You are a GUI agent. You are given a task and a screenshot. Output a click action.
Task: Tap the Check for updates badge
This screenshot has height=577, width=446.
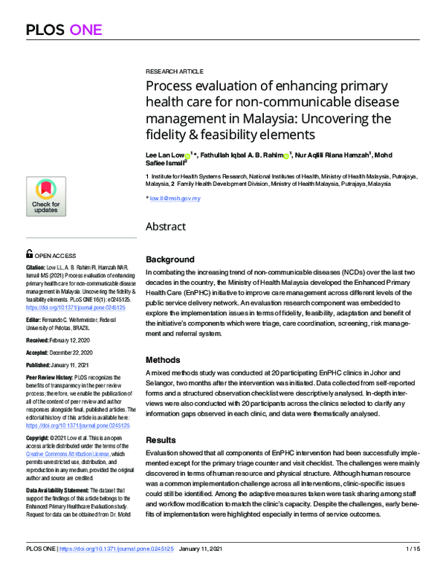point(45,196)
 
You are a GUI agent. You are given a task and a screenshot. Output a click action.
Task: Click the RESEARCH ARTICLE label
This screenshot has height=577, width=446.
point(175,71)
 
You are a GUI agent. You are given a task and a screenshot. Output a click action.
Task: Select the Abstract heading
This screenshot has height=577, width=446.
point(167,226)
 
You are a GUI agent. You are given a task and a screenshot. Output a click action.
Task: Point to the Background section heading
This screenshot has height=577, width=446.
point(170,260)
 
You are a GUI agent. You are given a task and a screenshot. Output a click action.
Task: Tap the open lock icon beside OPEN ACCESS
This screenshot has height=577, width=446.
point(29,254)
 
